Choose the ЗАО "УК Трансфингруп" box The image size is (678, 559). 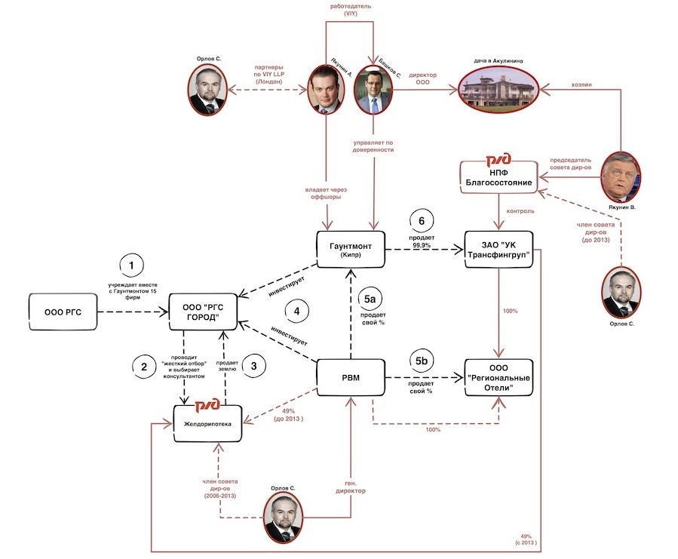click(495, 248)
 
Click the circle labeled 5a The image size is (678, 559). click(372, 299)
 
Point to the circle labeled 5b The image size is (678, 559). click(421, 361)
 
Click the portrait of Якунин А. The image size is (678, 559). click(326, 89)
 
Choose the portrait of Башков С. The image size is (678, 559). click(373, 89)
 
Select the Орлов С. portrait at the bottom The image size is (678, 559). click(286, 518)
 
